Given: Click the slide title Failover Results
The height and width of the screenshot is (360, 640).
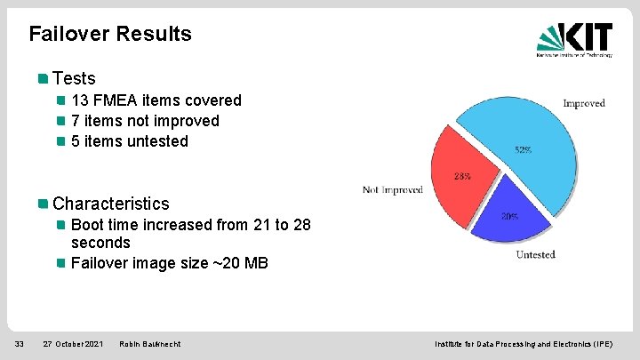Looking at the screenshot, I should point(110,34).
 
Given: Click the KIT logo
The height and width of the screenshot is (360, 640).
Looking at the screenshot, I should point(574,40).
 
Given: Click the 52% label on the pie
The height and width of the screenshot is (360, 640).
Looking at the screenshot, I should point(524,150).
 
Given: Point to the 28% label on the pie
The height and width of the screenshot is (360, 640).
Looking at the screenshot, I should point(462,175).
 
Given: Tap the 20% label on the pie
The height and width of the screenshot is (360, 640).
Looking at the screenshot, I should point(510,217).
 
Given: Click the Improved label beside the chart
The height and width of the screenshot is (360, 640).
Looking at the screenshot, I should point(583,103).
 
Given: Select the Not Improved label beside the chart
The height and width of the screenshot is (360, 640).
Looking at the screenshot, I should point(392,190).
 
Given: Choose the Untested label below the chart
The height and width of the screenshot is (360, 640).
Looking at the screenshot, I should point(535,254).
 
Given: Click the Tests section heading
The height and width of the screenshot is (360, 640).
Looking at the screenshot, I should point(74,78).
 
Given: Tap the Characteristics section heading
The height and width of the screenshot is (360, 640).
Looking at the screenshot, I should point(110,204).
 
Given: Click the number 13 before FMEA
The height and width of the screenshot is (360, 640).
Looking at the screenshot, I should point(80,100).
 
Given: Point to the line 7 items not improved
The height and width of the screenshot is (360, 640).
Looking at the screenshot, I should point(145,121).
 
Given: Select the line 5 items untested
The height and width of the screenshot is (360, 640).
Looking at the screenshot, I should point(130,141).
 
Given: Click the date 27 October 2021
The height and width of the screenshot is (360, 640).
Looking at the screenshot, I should point(73,343).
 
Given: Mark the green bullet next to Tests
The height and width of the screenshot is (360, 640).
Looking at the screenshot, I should point(43,78).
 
